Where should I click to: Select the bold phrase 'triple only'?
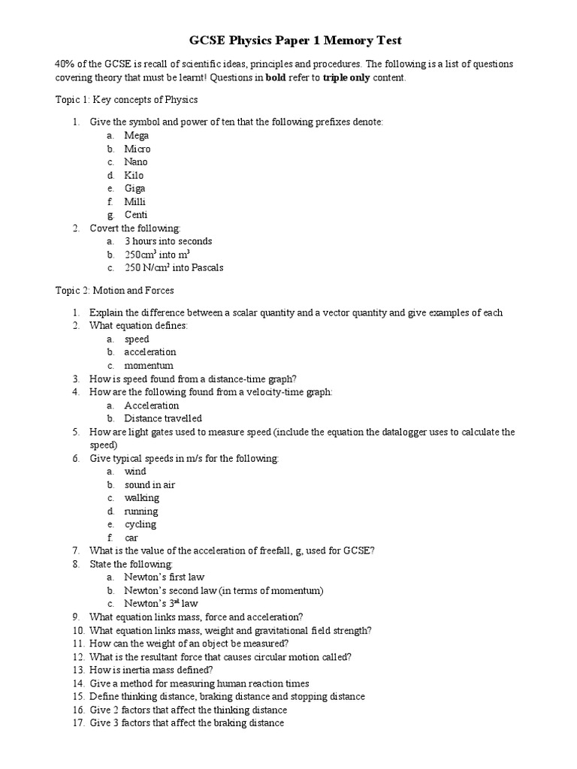347,78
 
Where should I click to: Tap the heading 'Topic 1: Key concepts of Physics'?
127,100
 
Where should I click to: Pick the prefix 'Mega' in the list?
137,136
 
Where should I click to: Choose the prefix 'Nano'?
136,162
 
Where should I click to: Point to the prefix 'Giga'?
135,188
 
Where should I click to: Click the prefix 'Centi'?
136,215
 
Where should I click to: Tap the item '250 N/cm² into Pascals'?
174,267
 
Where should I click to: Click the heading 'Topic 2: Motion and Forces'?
115,290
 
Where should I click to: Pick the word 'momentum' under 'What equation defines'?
149,365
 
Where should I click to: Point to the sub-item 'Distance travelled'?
163,418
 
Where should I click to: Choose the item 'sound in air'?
150,484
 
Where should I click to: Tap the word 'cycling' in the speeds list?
140,524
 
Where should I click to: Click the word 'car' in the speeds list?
131,538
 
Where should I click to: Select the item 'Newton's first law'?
165,577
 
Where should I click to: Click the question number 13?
78,669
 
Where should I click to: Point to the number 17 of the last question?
78,723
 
